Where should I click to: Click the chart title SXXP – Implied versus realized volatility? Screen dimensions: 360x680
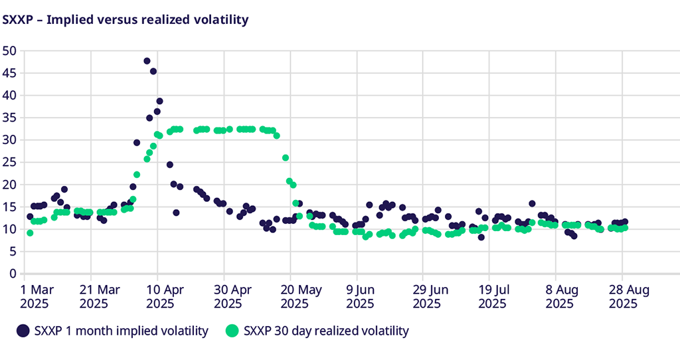pyautogui.click(x=126, y=20)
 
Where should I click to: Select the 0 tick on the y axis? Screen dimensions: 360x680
pyautogui.click(x=12, y=273)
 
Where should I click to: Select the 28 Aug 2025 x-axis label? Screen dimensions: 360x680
pyautogui.click(x=624, y=297)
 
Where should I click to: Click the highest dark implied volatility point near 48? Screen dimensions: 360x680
pyautogui.click(x=147, y=60)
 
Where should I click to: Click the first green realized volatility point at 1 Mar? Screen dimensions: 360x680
pyautogui.click(x=30, y=232)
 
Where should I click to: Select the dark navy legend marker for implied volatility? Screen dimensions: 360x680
pyautogui.click(x=23, y=330)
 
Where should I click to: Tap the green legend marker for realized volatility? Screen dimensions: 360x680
pyautogui.click(x=232, y=330)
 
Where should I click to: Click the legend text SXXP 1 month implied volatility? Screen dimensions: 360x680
pyautogui.click(x=121, y=330)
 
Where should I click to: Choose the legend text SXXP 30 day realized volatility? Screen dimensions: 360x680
pyautogui.click(x=326, y=330)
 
